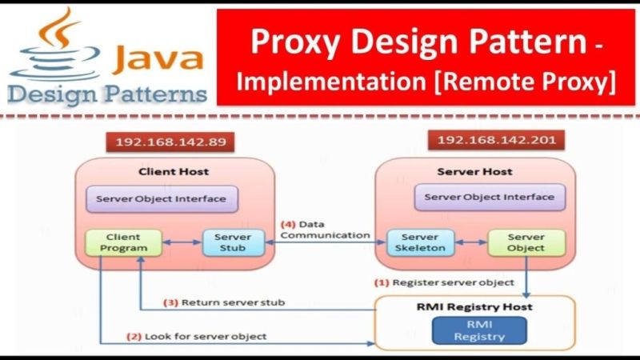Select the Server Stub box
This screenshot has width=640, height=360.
(233, 242)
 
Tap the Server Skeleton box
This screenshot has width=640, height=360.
(420, 242)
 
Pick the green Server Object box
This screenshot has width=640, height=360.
(526, 242)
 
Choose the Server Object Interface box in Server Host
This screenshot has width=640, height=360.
(489, 197)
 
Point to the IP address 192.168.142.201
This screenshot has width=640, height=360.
(489, 141)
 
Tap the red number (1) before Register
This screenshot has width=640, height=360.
(382, 282)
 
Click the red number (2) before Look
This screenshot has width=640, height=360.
(134, 336)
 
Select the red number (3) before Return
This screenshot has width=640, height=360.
(170, 302)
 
